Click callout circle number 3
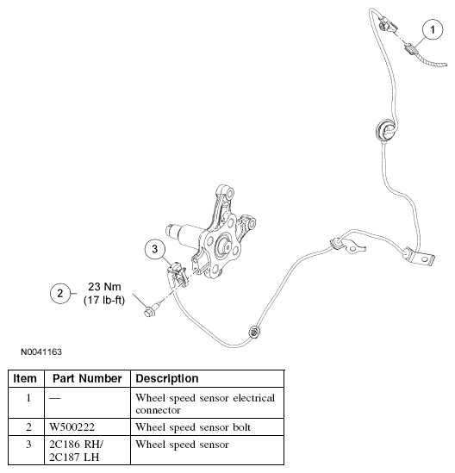pyautogui.click(x=154, y=250)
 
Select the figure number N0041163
pyautogui.click(x=37, y=352)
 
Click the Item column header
pyautogui.click(x=26, y=378)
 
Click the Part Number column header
pyautogui.click(x=85, y=378)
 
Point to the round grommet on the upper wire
pyautogui.click(x=382, y=132)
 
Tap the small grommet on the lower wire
pyautogui.click(x=252, y=331)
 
